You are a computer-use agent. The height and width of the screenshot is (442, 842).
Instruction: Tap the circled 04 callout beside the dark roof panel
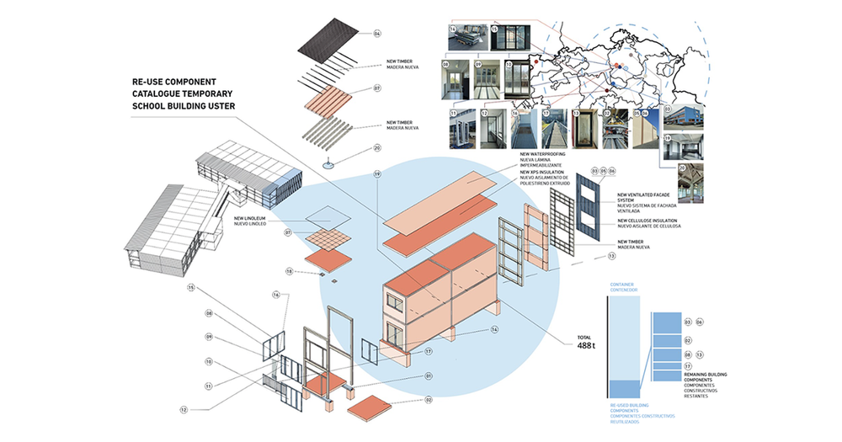coord(377,34)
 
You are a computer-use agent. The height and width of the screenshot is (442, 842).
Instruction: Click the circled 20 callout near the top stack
coord(377,148)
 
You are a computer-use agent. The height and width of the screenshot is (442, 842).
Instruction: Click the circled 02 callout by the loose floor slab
coord(428,400)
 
